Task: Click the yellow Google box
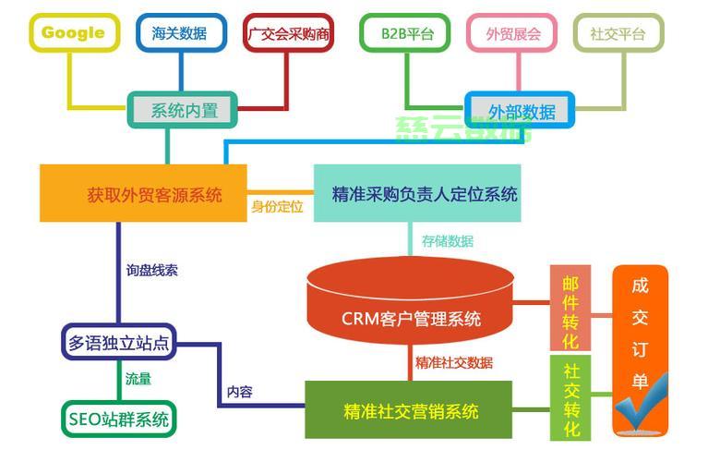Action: pyautogui.click(x=73, y=33)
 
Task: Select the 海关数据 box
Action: pyautogui.click(x=179, y=34)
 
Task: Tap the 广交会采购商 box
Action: pyautogui.click(x=289, y=34)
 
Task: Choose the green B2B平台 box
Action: pyautogui.click(x=406, y=34)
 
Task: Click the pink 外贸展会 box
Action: pyautogui.click(x=512, y=34)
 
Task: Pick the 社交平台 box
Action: pyautogui.click(x=618, y=34)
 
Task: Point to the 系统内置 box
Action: pyautogui.click(x=182, y=110)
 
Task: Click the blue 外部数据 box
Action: pyautogui.click(x=521, y=111)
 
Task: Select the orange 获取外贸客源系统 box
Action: pyautogui.click(x=143, y=194)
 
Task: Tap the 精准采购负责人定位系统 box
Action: pyautogui.click(x=417, y=194)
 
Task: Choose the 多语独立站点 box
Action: pyautogui.click(x=119, y=344)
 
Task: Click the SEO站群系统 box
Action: pyautogui.click(x=119, y=419)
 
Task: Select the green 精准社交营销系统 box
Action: pyautogui.click(x=410, y=410)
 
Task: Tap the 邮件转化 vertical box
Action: pyautogui.click(x=570, y=310)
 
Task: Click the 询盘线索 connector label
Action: pyautogui.click(x=152, y=271)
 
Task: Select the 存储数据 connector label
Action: pyautogui.click(x=448, y=241)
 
